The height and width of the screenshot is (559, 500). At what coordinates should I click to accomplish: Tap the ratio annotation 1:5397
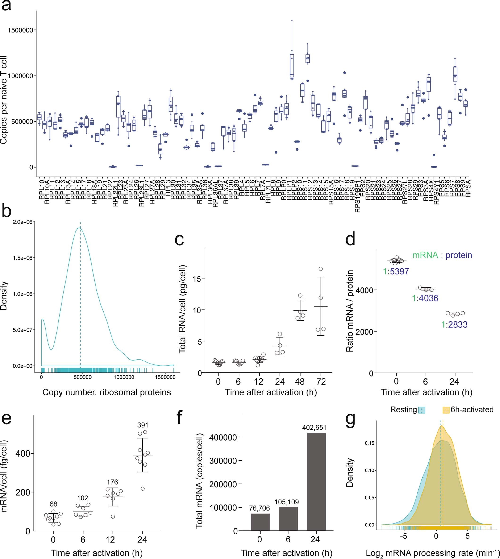(x=396, y=272)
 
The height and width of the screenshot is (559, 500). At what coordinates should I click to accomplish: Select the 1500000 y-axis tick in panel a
(x=20, y=30)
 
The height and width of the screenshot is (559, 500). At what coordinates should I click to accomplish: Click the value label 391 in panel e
(x=143, y=425)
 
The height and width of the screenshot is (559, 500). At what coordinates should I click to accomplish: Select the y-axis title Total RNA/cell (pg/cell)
(x=182, y=309)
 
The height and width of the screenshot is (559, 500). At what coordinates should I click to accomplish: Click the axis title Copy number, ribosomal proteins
(x=107, y=392)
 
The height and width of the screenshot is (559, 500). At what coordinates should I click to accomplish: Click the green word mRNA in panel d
(x=425, y=255)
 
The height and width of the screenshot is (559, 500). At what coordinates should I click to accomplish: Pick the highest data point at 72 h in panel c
(x=320, y=269)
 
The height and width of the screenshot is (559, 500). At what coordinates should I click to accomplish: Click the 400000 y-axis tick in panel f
(x=223, y=437)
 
